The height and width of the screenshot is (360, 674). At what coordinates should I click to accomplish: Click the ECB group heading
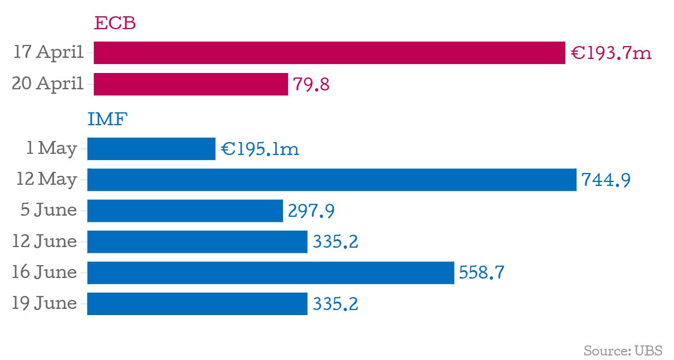115,24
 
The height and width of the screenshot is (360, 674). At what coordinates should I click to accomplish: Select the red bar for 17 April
329,53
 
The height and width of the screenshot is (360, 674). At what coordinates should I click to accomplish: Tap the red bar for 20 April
190,84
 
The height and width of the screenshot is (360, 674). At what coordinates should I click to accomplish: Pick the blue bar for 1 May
151,149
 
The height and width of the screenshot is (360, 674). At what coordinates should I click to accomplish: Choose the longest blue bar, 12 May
331,180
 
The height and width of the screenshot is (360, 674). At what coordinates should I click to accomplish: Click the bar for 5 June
185,211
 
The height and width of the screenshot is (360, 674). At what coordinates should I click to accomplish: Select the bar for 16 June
270,272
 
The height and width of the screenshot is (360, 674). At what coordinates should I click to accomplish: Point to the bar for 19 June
197,303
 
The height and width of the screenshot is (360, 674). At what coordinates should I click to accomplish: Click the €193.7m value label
611,53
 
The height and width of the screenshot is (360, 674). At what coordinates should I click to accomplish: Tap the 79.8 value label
311,85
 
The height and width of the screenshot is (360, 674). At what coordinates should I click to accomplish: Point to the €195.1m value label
260,149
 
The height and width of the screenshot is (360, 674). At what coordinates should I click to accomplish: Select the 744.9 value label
606,180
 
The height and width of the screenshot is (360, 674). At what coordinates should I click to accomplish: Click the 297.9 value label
311,211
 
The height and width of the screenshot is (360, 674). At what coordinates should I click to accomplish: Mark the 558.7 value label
481,273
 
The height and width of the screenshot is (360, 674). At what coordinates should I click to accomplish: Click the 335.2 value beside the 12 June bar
335,242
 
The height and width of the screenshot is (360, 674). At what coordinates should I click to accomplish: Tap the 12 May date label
47,180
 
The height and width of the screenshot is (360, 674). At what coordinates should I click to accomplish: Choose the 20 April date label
48,84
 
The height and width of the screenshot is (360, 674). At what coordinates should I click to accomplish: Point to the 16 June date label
45,272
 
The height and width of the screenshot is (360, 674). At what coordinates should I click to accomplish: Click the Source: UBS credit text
623,351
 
